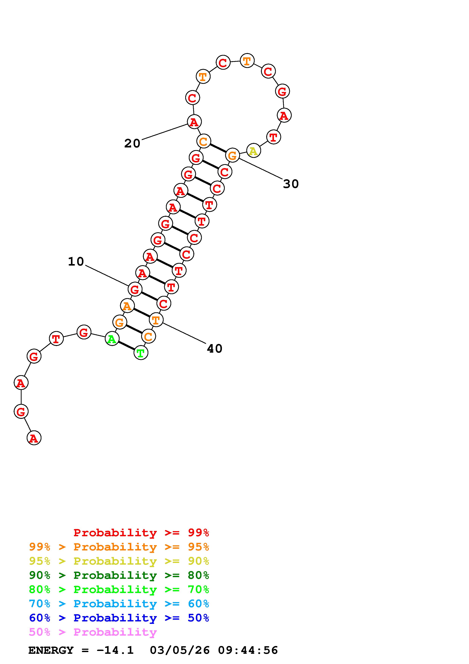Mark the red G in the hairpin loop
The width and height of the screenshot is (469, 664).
point(282,92)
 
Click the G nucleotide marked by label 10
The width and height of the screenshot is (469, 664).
point(135,289)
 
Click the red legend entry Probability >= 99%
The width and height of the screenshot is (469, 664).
point(141,532)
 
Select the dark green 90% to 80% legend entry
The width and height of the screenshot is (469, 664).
point(119,575)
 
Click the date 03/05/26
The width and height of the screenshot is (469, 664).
point(180,650)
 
